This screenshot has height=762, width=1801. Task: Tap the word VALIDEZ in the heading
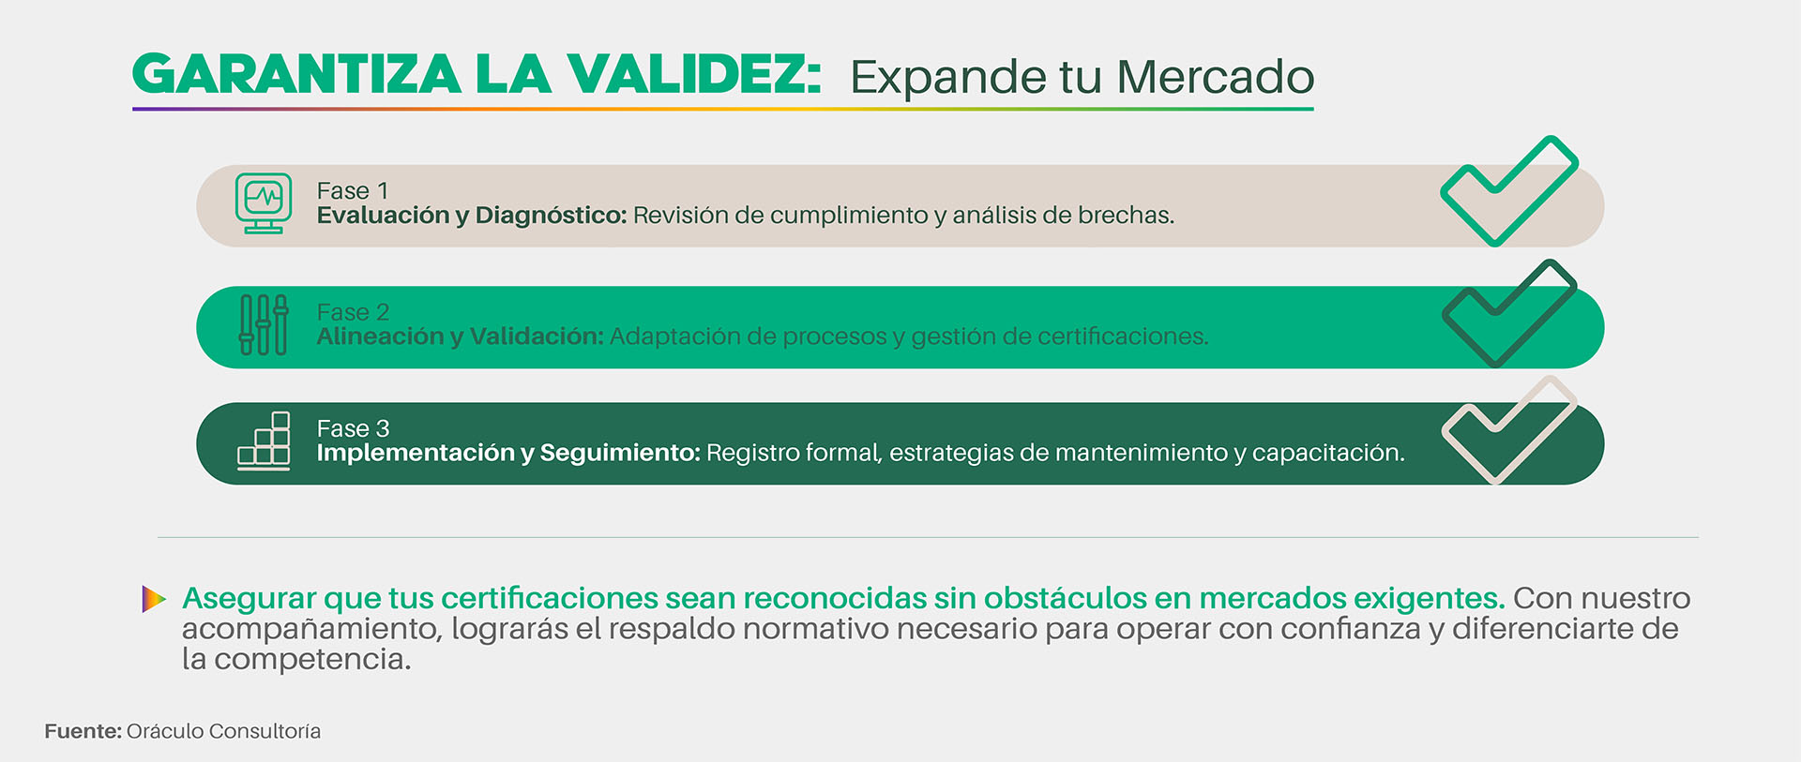pos(695,75)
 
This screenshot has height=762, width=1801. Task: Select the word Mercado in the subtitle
pos(1215,77)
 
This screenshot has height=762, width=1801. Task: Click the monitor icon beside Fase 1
pos(264,203)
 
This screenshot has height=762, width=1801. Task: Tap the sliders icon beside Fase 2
pos(264,324)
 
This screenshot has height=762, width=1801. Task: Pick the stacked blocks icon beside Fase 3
pos(264,441)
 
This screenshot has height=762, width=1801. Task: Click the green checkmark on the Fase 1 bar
pos(1509,192)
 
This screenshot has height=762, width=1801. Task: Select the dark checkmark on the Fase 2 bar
pos(1509,314)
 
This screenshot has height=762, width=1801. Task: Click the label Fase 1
pos(353,191)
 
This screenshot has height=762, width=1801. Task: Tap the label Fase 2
pos(353,312)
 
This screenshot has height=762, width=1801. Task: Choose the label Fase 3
pos(353,428)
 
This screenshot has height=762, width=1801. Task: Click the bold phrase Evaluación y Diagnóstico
pos(472,216)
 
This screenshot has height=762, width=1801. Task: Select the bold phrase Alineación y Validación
pos(461,336)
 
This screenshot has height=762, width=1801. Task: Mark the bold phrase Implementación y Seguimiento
pos(508,453)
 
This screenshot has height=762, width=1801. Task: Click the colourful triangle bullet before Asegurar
pos(154,599)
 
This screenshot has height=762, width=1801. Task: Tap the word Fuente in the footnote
pos(83,731)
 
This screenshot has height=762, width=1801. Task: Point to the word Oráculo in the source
pos(164,731)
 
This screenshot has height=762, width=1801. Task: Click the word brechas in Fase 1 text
pos(1127,216)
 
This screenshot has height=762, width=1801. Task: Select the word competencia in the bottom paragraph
pos(312,660)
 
